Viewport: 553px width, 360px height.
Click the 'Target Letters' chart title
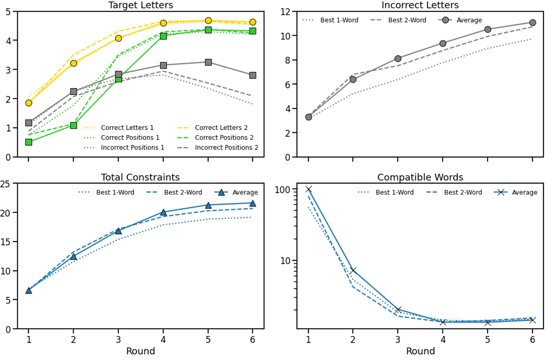point(141,5)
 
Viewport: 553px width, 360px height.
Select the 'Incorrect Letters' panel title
point(420,5)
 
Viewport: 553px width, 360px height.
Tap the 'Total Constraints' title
point(140,177)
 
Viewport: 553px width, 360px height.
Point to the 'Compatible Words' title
point(420,177)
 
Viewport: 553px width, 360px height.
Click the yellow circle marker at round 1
point(28,103)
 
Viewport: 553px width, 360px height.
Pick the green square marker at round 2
point(73,126)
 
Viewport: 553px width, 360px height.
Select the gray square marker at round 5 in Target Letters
point(208,62)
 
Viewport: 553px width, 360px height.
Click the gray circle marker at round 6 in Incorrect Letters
point(532,23)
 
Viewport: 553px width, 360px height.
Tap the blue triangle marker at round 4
point(163,212)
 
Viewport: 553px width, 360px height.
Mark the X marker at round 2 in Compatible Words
point(353,271)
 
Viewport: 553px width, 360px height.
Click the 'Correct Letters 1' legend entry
point(127,127)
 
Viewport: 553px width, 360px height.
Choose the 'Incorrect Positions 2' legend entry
point(226,147)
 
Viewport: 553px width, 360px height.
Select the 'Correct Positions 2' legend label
point(224,137)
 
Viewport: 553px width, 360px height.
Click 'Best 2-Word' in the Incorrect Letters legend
point(407,20)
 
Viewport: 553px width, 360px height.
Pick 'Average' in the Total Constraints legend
point(245,192)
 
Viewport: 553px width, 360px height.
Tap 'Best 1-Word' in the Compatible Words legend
point(394,192)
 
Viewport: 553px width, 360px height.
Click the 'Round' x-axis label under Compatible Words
point(420,351)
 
